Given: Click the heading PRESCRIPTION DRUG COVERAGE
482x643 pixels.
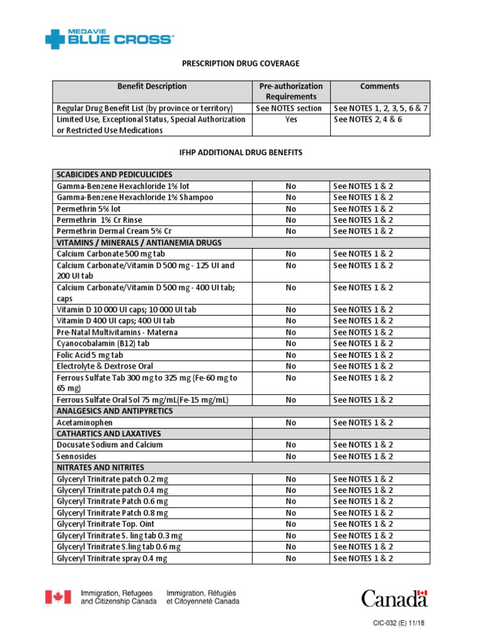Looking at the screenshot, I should (x=240, y=63).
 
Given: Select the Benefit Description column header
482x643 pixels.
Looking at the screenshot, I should (x=152, y=87).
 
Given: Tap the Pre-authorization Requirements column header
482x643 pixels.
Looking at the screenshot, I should (x=291, y=91).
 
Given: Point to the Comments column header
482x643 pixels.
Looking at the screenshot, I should (x=380, y=87).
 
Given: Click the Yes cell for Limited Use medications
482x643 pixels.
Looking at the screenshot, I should (x=291, y=119).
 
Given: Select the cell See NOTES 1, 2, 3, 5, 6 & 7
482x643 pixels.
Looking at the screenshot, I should (x=380, y=108).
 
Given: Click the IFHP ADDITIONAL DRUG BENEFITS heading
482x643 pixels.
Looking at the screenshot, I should (x=241, y=153).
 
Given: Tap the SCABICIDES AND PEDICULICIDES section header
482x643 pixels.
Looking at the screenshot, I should (x=114, y=175).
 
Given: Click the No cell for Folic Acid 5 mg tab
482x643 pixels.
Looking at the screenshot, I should (x=291, y=355).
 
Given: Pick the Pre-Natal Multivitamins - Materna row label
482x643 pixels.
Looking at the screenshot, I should (x=117, y=332).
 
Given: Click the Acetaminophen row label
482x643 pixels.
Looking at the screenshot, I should (x=85, y=423).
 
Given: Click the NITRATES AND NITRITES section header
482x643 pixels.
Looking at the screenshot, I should (x=100, y=468).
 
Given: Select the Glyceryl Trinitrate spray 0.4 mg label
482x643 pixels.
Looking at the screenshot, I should (x=112, y=558).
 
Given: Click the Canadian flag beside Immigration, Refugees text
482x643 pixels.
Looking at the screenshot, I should (x=58, y=597).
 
